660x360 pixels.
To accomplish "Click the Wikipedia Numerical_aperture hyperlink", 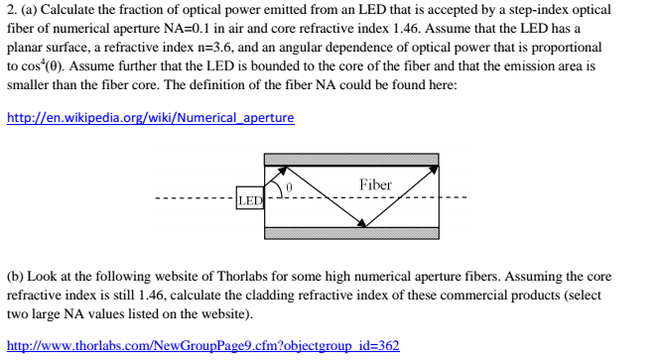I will point(150,118).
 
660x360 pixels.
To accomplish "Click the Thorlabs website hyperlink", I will point(202,345).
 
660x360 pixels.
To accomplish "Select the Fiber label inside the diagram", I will point(375,184).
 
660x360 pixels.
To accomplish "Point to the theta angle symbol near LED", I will point(289,185).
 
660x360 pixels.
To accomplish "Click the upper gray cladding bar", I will point(351,160).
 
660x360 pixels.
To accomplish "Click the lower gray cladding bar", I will point(351,234).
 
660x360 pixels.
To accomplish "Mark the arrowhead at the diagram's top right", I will point(434,172).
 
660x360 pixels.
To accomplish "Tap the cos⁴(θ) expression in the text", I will point(42,65).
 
